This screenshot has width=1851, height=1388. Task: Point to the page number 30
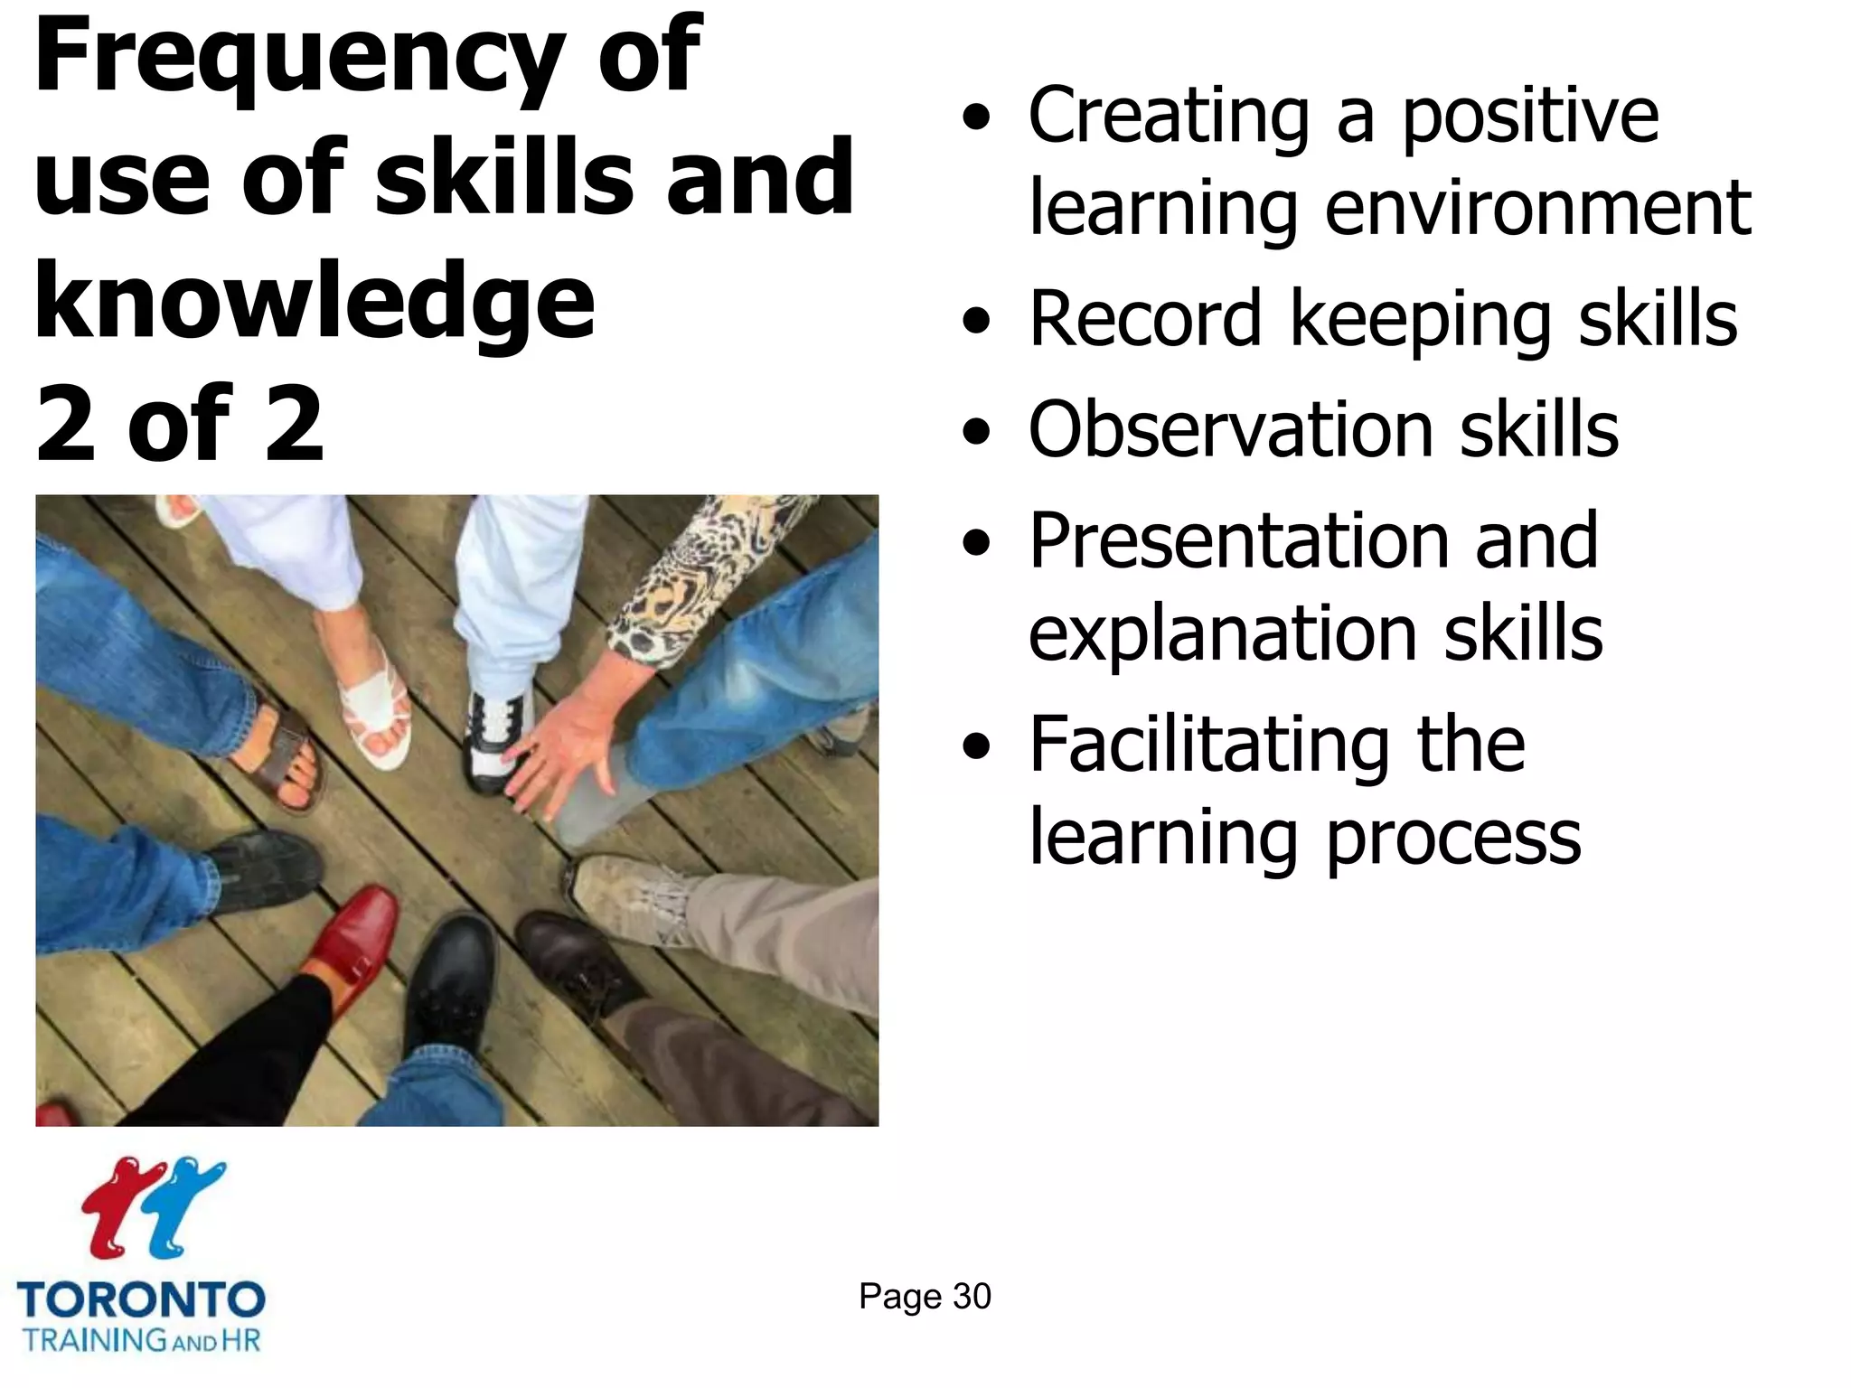click(972, 1297)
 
